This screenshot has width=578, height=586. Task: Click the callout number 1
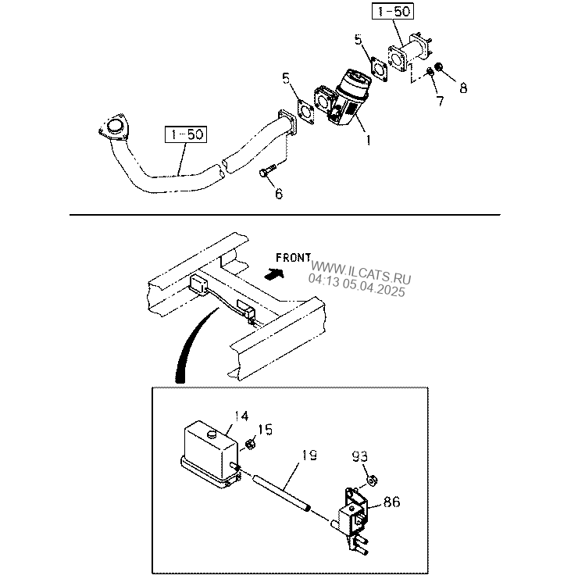(368, 141)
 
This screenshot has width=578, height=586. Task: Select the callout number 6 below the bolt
(278, 194)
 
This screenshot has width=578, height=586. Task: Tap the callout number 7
(439, 100)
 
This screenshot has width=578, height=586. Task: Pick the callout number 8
(463, 88)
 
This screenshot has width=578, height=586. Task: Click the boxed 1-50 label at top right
(393, 12)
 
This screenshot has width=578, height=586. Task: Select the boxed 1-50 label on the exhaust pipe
(185, 134)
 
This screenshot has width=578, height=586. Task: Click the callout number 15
(266, 430)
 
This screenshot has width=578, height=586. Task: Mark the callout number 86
(391, 502)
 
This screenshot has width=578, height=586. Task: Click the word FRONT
(293, 257)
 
